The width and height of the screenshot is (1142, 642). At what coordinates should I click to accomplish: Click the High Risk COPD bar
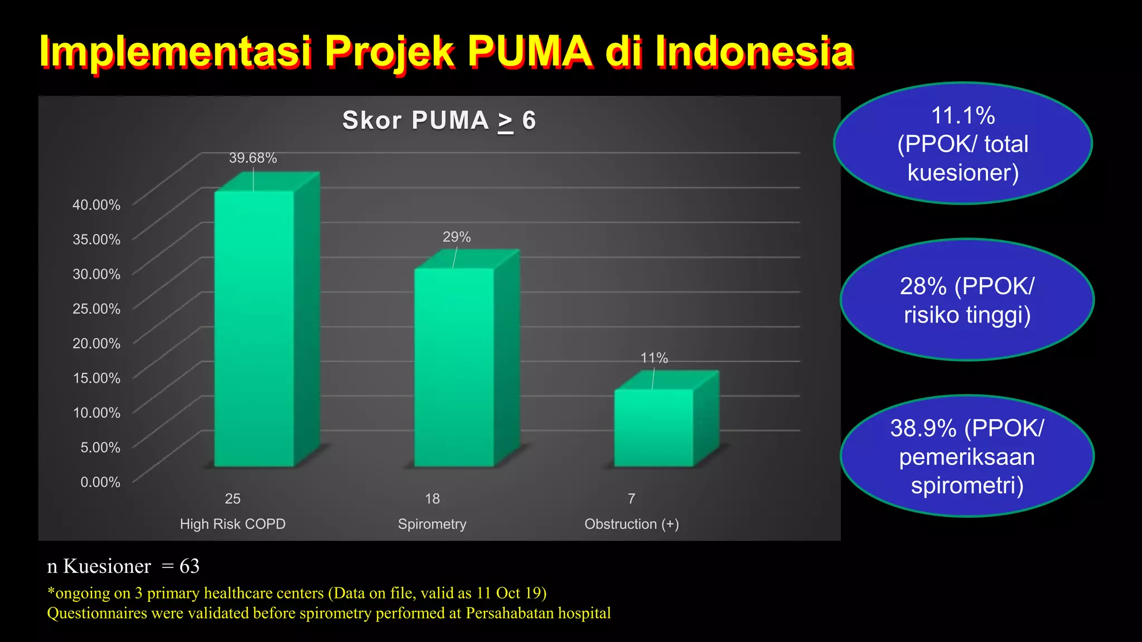(x=254, y=329)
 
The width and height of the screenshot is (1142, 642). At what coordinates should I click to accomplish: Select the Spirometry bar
(x=454, y=368)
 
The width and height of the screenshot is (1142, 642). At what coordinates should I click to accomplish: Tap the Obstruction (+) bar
(x=654, y=428)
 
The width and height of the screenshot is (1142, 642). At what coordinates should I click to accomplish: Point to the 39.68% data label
(x=253, y=158)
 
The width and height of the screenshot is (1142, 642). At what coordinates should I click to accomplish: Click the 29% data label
(x=457, y=237)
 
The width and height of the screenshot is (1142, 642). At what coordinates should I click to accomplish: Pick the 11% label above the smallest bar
(x=654, y=358)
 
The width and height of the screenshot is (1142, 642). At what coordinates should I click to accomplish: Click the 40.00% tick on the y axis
(x=96, y=205)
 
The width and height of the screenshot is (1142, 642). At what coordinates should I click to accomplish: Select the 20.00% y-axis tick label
(x=96, y=343)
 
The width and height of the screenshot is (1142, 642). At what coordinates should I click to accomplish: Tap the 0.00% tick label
(x=100, y=482)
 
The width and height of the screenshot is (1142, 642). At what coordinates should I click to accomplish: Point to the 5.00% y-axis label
(x=100, y=448)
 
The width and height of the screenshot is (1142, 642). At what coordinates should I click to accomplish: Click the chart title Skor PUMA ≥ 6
(x=439, y=120)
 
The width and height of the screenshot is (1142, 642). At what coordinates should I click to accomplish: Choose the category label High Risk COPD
(x=233, y=524)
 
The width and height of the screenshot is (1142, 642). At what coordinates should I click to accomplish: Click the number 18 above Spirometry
(x=432, y=499)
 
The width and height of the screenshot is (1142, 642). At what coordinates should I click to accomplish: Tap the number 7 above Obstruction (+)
(x=631, y=499)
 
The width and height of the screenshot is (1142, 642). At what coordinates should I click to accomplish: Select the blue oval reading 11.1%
(x=963, y=144)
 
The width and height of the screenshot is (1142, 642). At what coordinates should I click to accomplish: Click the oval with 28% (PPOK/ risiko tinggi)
(x=967, y=300)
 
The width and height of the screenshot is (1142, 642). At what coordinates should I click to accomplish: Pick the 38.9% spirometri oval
(x=967, y=456)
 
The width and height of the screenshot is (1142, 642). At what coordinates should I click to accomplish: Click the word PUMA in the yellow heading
(x=529, y=52)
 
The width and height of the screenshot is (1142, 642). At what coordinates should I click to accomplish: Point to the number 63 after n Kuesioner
(x=190, y=566)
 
